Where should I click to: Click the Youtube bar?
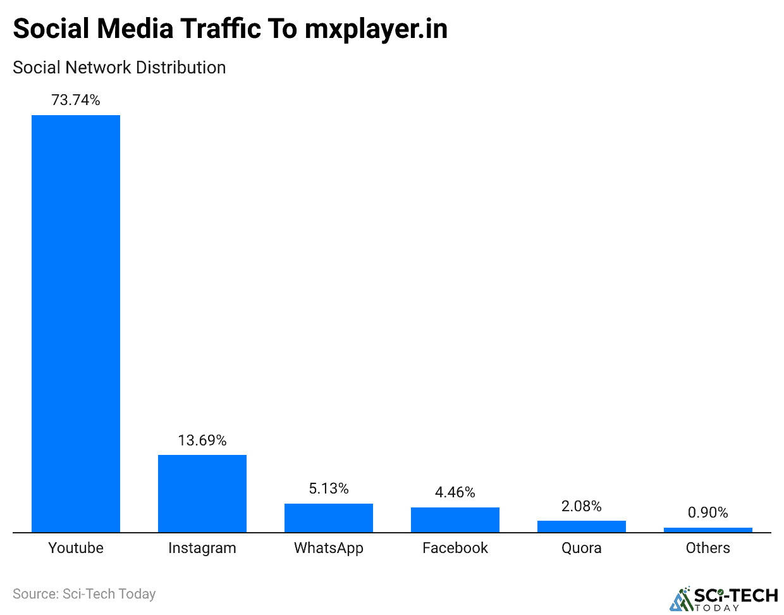76,323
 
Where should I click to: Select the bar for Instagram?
202,494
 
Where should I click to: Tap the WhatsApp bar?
329,518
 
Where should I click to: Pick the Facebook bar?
455,519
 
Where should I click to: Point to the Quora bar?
582,526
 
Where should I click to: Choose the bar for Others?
708,530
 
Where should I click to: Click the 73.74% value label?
76,100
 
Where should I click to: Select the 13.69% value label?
202,440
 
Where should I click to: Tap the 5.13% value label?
329,488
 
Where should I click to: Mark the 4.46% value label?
455,492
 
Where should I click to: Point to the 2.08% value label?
582,506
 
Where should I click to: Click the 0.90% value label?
708,512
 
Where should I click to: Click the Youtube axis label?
76,548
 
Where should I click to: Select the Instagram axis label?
202,548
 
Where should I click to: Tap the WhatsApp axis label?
329,548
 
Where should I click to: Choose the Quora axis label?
582,548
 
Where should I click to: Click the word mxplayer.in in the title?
376,30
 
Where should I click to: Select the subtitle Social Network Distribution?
119,68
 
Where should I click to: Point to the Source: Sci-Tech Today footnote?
84,594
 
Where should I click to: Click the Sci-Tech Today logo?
724,599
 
